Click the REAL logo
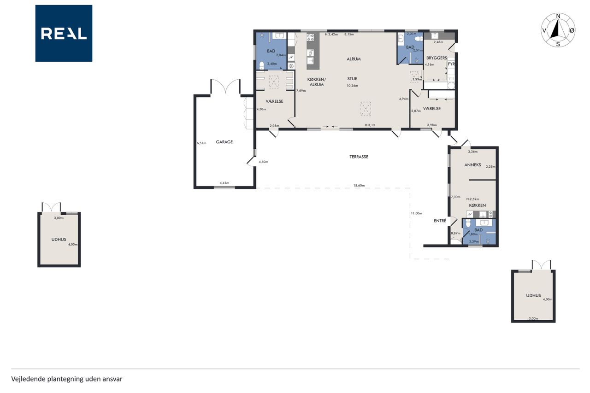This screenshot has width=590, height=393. (64, 34)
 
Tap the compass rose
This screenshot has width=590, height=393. (558, 30)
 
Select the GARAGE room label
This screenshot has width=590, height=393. (224, 142)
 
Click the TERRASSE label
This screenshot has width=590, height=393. (359, 157)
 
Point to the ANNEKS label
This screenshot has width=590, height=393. (472, 165)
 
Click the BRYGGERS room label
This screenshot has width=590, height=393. (437, 58)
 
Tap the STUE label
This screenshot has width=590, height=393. (352, 78)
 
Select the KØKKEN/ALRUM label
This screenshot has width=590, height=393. (317, 82)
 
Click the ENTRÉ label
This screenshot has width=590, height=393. (440, 221)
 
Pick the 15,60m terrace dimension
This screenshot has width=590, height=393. (359, 185)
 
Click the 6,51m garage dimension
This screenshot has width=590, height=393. (201, 143)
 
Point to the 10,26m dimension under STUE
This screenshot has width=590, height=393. (352, 86)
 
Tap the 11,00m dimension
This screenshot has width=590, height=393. (416, 213)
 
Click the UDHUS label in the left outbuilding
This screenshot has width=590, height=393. (59, 239)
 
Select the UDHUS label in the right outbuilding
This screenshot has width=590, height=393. (533, 295)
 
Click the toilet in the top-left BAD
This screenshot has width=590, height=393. (261, 65)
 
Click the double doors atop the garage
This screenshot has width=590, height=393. (225, 86)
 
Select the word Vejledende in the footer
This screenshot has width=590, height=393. (29, 379)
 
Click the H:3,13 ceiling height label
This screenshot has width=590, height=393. (370, 125)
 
